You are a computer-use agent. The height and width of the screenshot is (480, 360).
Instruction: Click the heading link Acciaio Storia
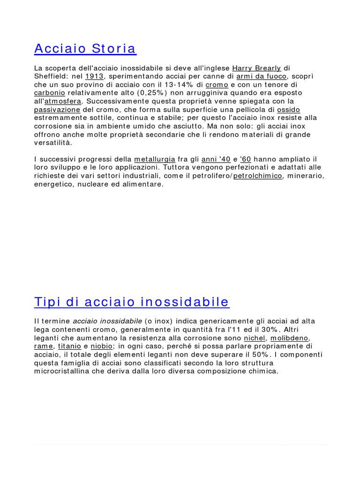(x=85, y=48)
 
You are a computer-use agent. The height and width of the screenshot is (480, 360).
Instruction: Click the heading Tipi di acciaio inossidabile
(x=132, y=302)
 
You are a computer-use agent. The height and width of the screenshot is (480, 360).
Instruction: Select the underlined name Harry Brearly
(x=256, y=68)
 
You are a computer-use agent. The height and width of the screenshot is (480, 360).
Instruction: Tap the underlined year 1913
(x=94, y=76)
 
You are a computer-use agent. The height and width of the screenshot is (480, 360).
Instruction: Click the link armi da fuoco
(x=261, y=76)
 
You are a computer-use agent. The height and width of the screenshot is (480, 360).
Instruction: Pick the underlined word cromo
(x=217, y=85)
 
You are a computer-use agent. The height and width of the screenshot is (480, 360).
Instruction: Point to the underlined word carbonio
(x=50, y=93)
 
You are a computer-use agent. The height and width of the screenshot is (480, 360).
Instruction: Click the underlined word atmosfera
(x=63, y=101)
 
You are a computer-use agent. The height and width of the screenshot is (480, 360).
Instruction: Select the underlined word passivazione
(x=57, y=110)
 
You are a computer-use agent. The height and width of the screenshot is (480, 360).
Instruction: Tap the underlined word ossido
(x=289, y=110)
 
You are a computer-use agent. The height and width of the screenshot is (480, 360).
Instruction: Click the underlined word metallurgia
(x=155, y=159)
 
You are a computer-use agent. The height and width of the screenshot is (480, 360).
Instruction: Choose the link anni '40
(x=216, y=159)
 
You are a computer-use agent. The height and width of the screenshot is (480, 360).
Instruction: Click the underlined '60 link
(x=245, y=159)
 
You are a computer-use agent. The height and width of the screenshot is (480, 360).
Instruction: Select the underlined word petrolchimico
(x=258, y=176)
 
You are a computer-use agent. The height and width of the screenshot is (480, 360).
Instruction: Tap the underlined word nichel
(x=255, y=338)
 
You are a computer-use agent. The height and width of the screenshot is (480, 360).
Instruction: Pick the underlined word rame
(x=44, y=346)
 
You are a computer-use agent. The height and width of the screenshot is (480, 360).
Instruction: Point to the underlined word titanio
(x=69, y=346)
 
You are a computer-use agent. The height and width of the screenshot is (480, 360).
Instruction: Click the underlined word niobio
(x=102, y=346)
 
